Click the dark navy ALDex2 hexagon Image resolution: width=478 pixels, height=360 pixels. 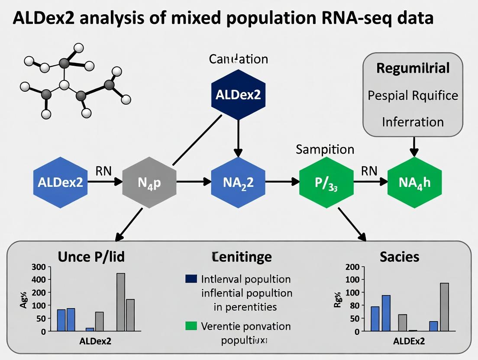click(x=237, y=94)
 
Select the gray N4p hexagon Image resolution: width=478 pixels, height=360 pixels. click(x=149, y=182)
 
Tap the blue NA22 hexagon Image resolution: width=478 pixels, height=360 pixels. click(x=237, y=182)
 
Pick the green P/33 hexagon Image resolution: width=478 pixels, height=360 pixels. click(x=326, y=182)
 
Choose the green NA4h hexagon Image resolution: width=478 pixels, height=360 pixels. click(x=414, y=182)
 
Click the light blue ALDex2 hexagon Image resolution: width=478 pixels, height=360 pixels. click(x=60, y=182)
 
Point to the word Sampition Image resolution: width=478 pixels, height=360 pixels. click(x=325, y=150)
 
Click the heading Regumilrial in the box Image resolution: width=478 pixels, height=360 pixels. click(x=413, y=68)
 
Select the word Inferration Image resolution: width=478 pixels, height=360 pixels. click(x=413, y=122)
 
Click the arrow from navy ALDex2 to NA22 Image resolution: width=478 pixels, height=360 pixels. click(x=237, y=138)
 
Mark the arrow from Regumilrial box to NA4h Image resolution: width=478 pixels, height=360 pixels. click(x=414, y=146)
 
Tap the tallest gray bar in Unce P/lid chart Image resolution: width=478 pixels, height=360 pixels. click(x=121, y=302)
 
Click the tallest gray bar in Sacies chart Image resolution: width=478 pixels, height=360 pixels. click(x=444, y=307)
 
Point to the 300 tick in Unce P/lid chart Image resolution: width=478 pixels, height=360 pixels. click(x=39, y=267)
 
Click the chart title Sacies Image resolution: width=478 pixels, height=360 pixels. click(x=399, y=257)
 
